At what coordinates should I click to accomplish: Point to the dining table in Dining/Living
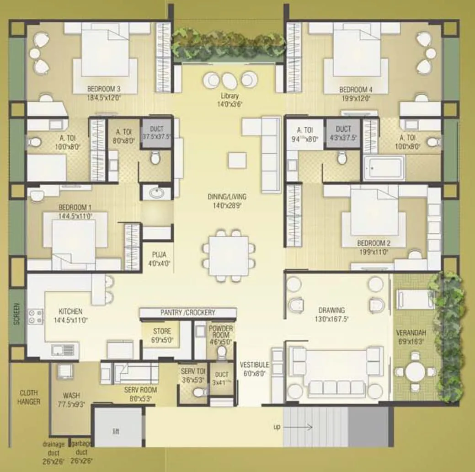click(225, 253)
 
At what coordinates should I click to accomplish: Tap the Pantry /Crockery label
click(187, 313)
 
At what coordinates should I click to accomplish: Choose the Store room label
click(162, 331)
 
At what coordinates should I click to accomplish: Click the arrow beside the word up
click(303, 428)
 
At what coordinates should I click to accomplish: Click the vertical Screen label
click(17, 313)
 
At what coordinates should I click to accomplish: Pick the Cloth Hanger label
click(28, 397)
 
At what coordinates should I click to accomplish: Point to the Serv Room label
click(140, 390)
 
